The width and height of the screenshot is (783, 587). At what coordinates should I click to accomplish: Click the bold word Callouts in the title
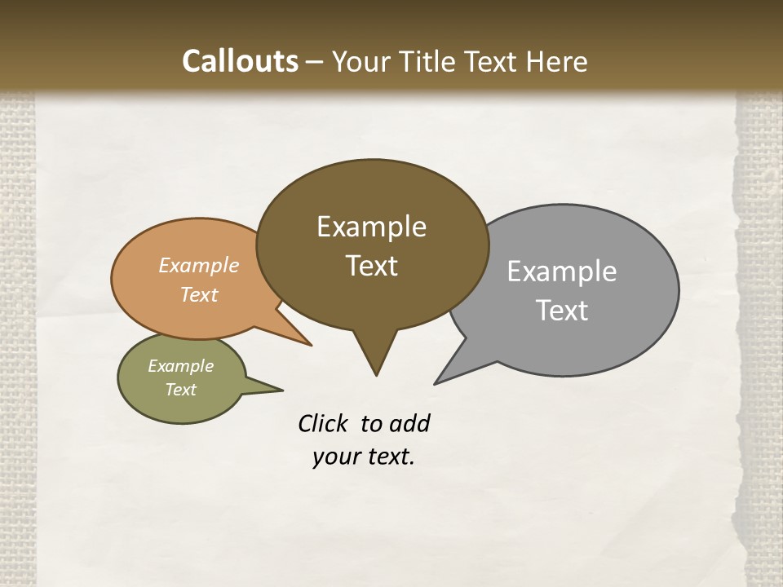[240, 61]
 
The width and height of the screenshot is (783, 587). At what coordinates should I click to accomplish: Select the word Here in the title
[556, 62]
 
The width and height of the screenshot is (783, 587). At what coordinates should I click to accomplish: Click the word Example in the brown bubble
[371, 227]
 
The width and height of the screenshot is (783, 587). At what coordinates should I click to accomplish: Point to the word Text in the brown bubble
[371, 266]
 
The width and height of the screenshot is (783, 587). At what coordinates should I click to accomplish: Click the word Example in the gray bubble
[562, 271]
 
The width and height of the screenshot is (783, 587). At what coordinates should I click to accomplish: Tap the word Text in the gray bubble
[562, 311]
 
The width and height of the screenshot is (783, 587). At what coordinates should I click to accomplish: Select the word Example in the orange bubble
[198, 266]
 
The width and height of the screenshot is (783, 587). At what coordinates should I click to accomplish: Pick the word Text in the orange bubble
[198, 294]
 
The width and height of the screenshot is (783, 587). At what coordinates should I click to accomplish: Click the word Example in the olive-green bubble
[180, 366]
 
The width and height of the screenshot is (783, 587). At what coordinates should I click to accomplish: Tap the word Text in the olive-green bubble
[180, 390]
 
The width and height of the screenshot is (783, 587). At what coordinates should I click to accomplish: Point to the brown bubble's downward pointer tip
[376, 374]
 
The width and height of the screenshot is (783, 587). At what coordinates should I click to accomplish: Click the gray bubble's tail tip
[436, 382]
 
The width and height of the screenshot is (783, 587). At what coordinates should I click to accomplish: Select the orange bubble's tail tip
[310, 345]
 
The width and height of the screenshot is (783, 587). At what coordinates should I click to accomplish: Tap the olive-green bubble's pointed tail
[281, 389]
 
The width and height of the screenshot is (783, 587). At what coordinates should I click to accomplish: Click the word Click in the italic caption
[323, 424]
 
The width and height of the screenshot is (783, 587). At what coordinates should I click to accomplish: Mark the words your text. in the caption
[364, 457]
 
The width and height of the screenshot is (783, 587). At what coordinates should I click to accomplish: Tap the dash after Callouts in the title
[315, 62]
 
